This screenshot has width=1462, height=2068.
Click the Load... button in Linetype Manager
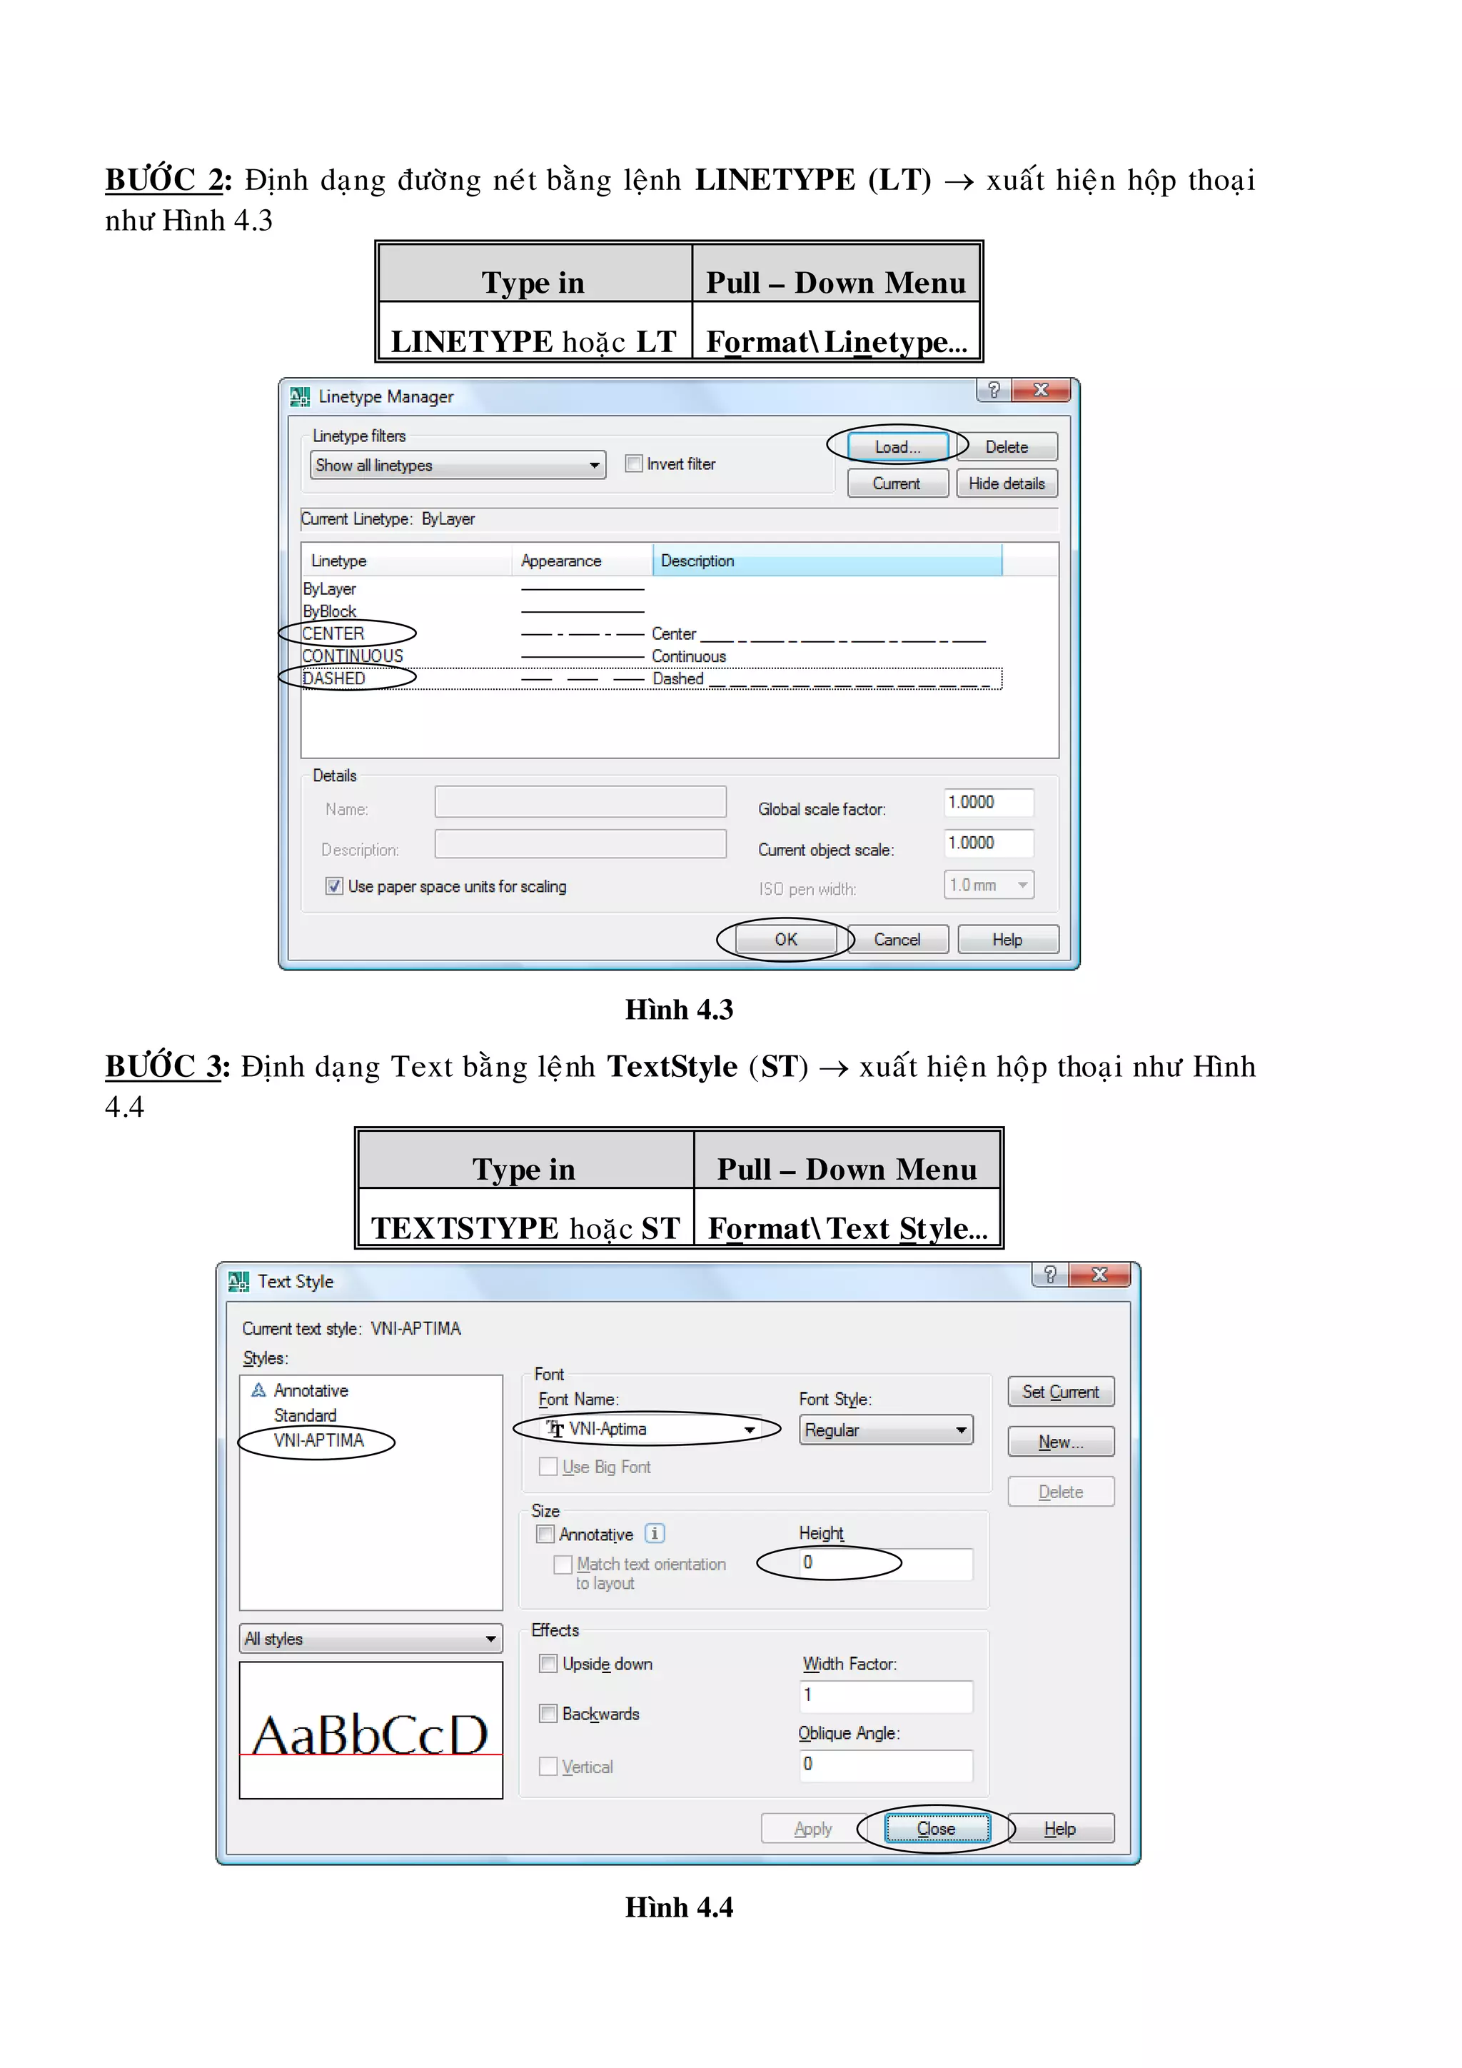(897, 447)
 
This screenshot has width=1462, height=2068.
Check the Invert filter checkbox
(634, 464)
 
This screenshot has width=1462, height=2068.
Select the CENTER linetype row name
(334, 633)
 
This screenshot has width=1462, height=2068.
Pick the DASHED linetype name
(335, 678)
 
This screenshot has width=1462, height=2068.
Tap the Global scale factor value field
(987, 803)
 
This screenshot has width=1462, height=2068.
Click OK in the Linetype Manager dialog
(785, 940)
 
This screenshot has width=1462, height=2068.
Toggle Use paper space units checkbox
(334, 886)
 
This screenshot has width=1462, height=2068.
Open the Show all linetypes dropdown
(458, 466)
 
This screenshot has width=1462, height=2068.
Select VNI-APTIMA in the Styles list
(318, 1440)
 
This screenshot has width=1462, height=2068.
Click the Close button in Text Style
(937, 1828)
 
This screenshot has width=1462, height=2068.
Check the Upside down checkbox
(548, 1664)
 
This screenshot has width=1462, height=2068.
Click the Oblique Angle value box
(885, 1765)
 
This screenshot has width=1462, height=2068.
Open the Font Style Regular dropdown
(885, 1430)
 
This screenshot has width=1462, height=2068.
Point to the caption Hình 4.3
(679, 1010)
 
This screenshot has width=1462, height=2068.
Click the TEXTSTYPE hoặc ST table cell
(525, 1228)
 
